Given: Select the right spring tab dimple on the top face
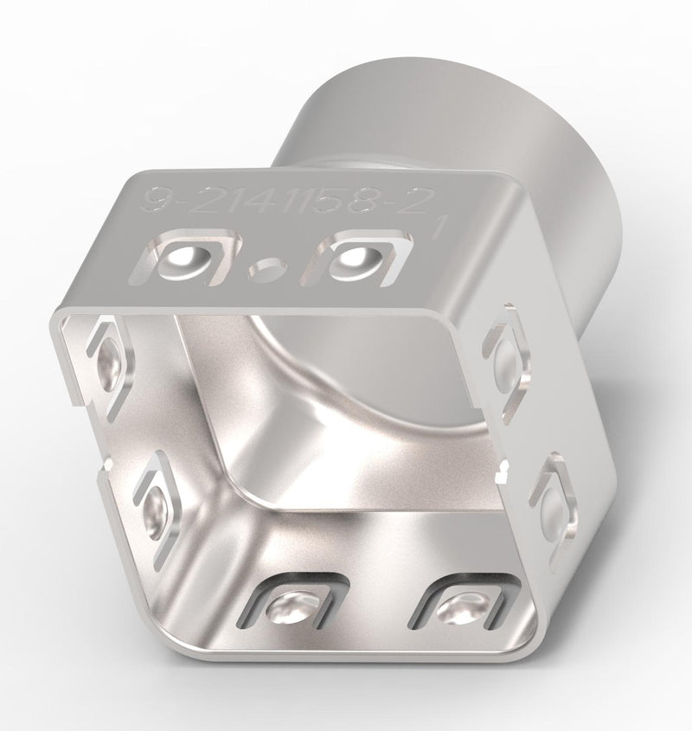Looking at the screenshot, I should [x=355, y=257].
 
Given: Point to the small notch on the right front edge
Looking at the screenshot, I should [x=501, y=472].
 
